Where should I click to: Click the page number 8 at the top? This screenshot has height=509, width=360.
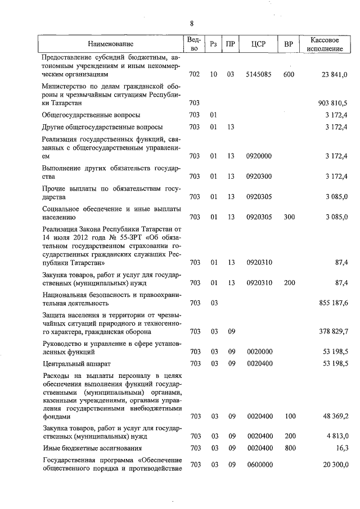[191, 24]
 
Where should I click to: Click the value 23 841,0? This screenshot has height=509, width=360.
[336, 74]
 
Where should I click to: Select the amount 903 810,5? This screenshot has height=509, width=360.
[334, 103]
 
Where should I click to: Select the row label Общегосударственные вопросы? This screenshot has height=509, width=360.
[91, 115]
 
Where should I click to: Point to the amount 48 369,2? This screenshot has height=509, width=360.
[335, 417]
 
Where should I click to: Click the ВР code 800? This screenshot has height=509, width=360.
[289, 448]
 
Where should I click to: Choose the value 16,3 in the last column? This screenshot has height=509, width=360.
[341, 448]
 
